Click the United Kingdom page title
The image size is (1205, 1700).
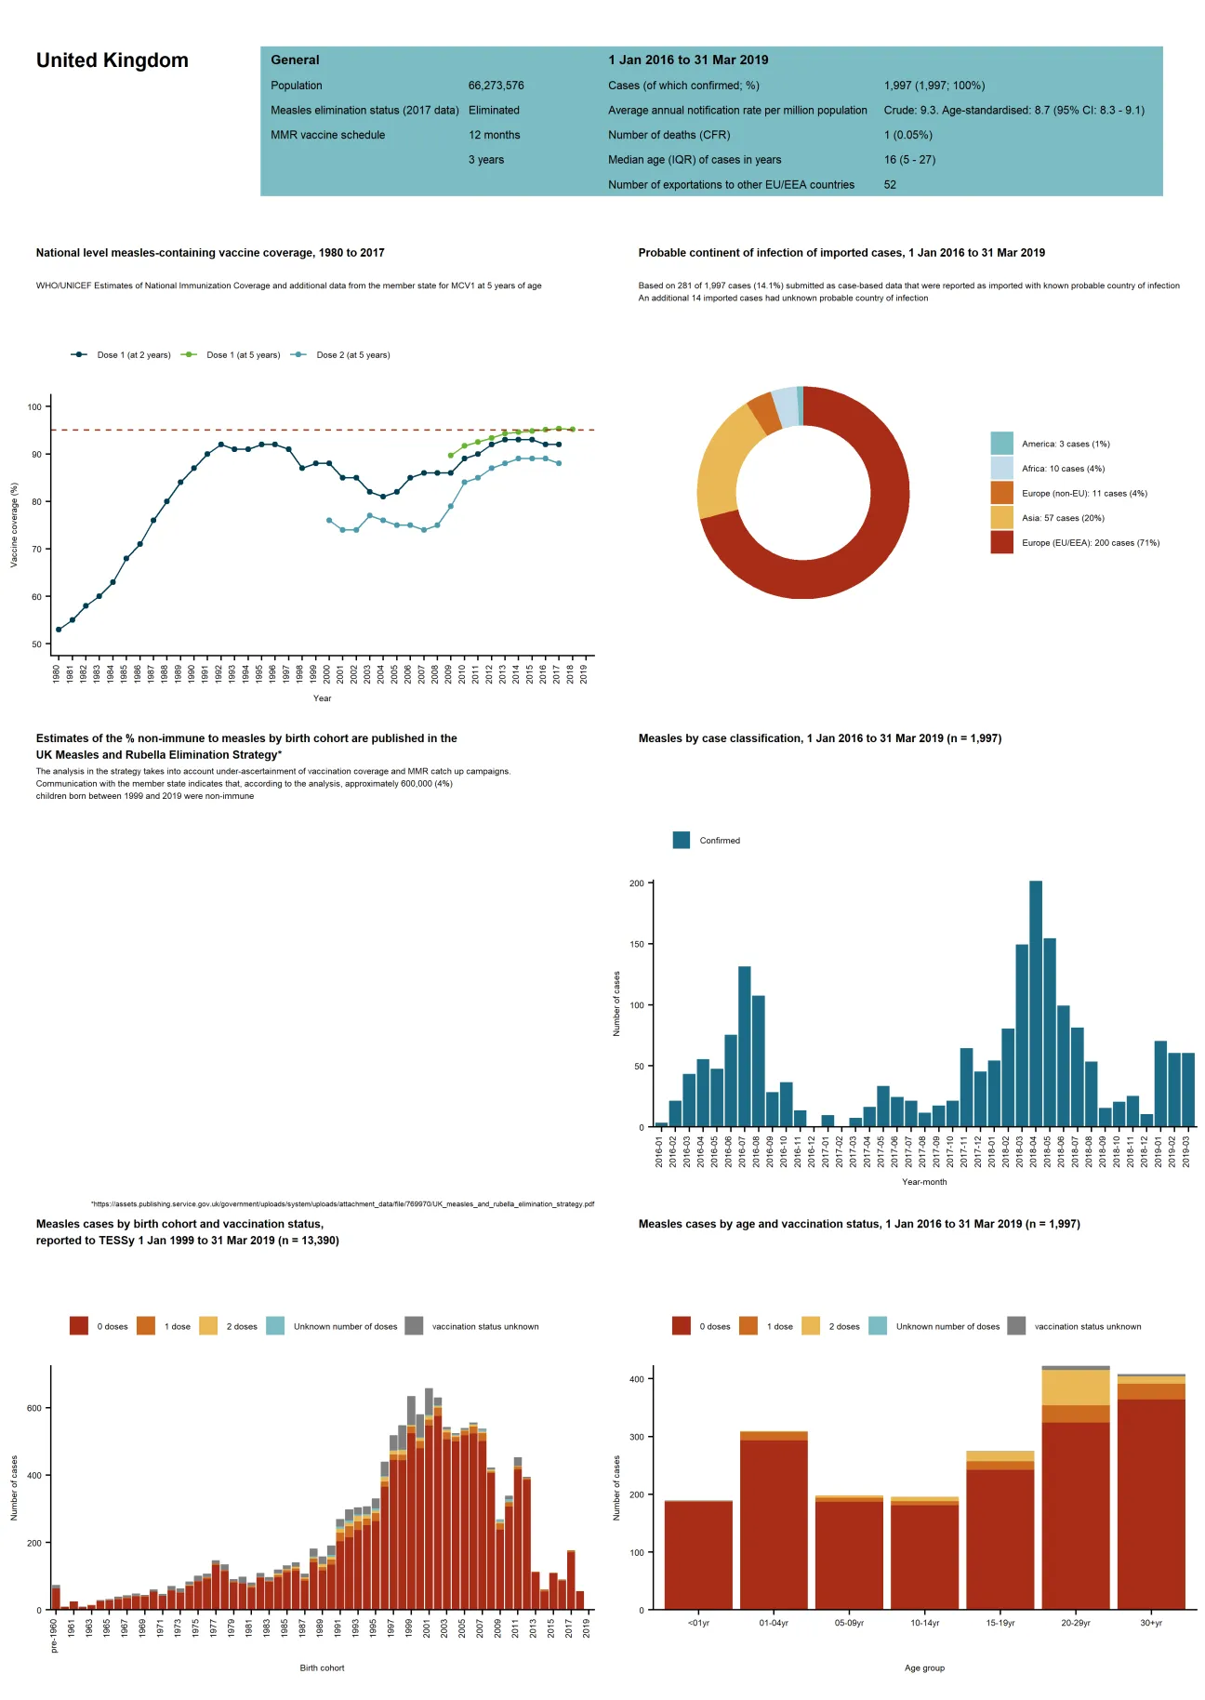pos(112,60)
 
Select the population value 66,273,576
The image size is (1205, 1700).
pos(496,86)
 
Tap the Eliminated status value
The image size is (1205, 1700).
pos(494,110)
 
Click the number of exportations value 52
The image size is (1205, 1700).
pos(890,185)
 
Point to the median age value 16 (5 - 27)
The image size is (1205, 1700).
pos(909,160)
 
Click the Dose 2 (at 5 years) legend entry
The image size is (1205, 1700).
pos(351,355)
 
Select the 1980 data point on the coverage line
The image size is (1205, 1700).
pos(59,630)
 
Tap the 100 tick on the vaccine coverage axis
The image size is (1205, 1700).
pos(34,407)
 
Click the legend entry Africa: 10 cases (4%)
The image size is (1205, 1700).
pos(1063,469)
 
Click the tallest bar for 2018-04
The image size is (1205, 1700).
pos(1036,1004)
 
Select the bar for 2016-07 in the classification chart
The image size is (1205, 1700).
pos(745,1046)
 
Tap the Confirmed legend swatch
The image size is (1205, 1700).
pos(682,841)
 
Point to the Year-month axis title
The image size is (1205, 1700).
pos(924,1182)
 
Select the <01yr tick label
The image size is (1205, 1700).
pos(698,1623)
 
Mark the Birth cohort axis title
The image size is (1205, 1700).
pos(322,1667)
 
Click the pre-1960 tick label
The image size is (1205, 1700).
pos(55,1636)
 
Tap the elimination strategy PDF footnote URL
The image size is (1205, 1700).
pos(342,1203)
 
